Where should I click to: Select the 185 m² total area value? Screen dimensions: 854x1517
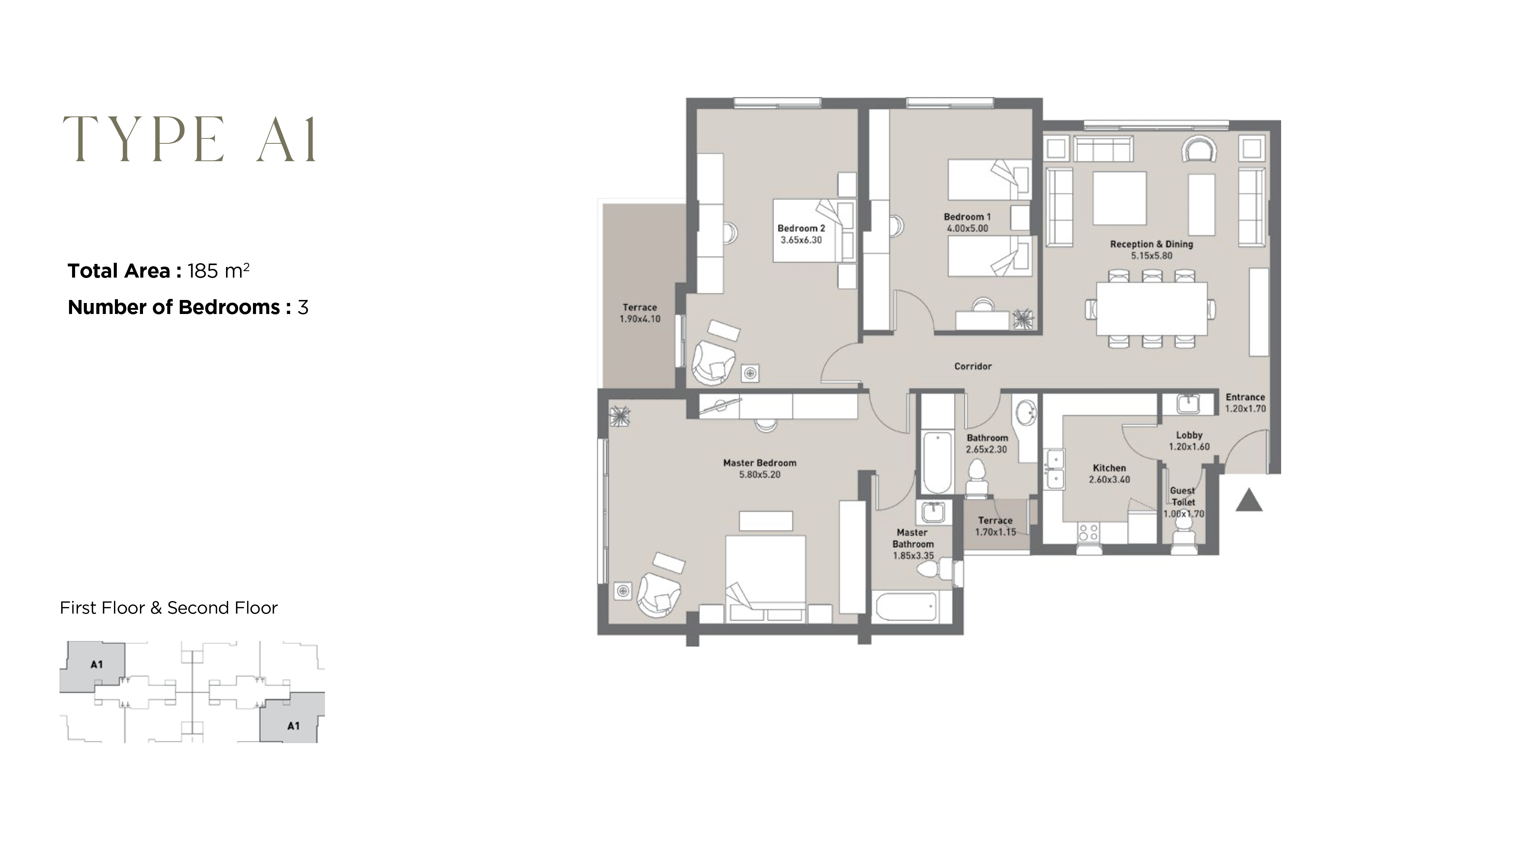218,271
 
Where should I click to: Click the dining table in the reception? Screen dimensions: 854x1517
1151,309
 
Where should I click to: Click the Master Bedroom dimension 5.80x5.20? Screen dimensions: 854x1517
759,475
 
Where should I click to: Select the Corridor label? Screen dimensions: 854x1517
972,366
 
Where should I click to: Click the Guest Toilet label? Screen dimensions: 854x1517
1183,496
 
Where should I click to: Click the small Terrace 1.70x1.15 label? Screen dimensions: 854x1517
995,526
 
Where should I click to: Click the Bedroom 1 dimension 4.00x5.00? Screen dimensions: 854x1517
967,229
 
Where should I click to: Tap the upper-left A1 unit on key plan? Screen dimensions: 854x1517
94,666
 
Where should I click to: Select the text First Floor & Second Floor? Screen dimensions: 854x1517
168,608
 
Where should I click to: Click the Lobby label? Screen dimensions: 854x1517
1189,435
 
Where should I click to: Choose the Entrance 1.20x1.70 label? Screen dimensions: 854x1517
1245,403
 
